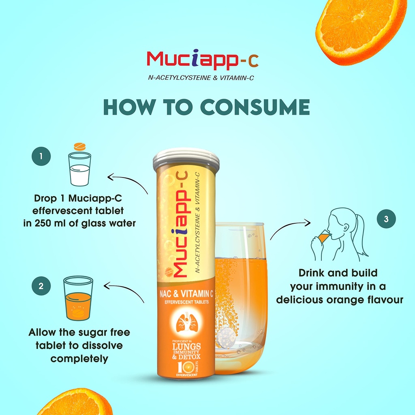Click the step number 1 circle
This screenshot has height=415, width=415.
41,156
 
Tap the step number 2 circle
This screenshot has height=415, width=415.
41,286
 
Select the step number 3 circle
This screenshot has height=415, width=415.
386,219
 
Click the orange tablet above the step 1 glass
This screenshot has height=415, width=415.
80,146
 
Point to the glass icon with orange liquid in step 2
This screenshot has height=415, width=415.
78,298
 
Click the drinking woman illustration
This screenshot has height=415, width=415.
339,235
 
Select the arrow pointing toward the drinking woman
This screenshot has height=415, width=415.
290,227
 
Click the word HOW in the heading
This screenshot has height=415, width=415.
129,107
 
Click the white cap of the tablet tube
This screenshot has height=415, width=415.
186,159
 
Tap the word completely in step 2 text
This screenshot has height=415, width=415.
79,359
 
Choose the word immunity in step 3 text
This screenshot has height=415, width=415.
344,287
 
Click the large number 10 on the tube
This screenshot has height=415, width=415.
185,367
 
